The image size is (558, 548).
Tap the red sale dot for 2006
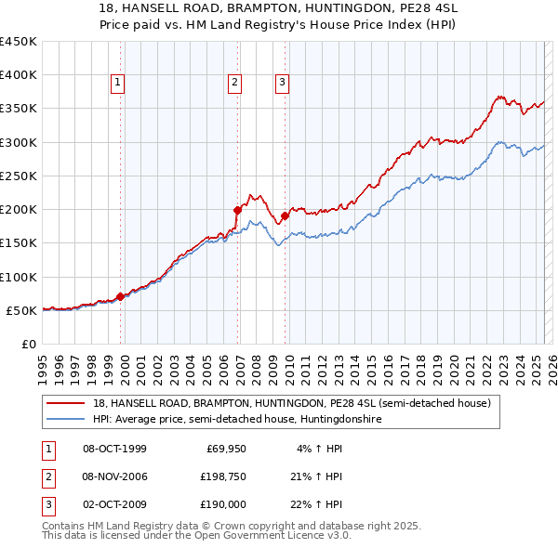[238, 210]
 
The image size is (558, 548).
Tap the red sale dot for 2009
[285, 215]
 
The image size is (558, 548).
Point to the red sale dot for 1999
[121, 297]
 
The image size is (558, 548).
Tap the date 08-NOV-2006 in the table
[115, 476]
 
